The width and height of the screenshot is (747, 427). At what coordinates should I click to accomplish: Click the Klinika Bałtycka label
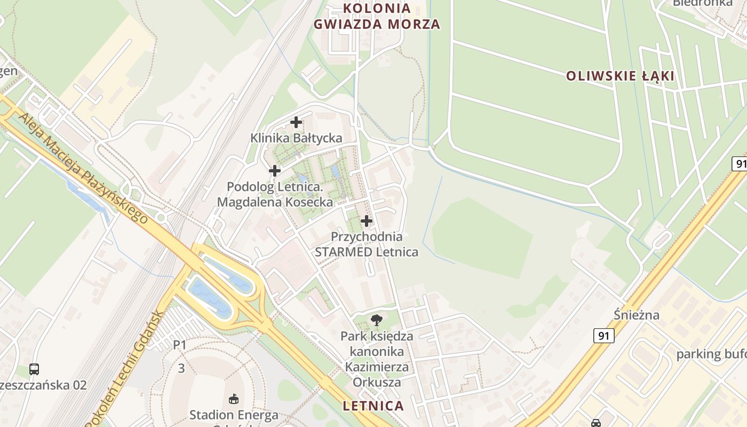296,138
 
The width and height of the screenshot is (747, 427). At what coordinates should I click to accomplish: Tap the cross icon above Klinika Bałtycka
296,122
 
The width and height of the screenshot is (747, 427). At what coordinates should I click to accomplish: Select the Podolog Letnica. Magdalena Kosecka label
275,195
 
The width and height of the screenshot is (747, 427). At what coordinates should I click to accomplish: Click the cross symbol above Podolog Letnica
275,171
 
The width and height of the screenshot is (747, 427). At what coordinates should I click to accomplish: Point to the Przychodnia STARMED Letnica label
367,244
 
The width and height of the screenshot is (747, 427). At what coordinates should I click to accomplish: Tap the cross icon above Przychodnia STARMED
367,220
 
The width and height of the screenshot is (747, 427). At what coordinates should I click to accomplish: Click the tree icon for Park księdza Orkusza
377,320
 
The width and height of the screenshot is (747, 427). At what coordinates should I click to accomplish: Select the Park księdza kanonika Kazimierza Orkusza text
377,359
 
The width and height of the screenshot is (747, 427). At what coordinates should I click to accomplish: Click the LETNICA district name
373,406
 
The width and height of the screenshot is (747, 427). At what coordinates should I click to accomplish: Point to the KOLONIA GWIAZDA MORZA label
377,17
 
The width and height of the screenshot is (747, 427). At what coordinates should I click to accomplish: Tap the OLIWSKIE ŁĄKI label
620,76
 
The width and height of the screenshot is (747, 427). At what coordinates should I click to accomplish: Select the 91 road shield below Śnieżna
603,336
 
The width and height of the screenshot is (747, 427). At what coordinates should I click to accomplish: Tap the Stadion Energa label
234,415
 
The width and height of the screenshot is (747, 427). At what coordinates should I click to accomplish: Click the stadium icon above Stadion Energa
234,398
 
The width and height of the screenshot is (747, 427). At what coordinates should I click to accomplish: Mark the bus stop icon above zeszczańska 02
34,369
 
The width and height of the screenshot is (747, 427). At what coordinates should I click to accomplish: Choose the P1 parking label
180,345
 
